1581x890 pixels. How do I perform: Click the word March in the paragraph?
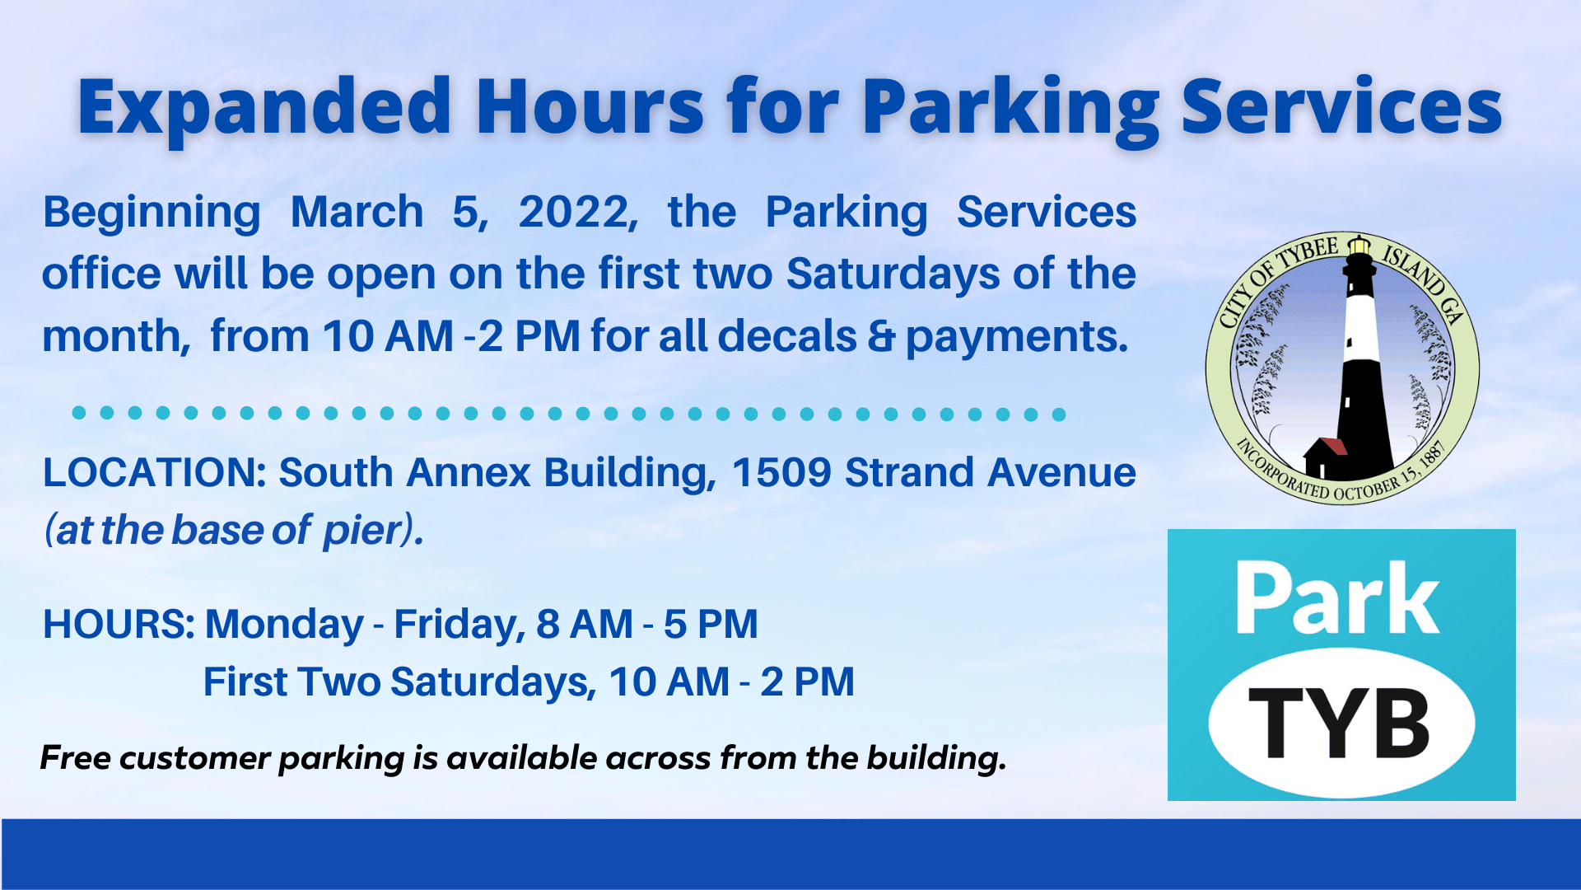(x=357, y=213)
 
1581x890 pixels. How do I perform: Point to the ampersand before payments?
(x=880, y=336)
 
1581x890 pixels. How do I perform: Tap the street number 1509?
(x=781, y=473)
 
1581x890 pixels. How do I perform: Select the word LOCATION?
(x=155, y=473)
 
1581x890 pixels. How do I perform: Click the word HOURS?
(x=119, y=624)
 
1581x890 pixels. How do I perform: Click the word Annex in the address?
(x=468, y=473)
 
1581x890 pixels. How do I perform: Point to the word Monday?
(x=284, y=624)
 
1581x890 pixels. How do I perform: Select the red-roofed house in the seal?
(x=1324, y=457)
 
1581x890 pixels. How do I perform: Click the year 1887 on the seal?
(x=1433, y=457)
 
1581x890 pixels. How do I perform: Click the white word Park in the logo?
(x=1337, y=599)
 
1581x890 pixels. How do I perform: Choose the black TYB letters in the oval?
(x=1340, y=723)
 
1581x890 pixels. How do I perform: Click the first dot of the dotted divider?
(x=79, y=413)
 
